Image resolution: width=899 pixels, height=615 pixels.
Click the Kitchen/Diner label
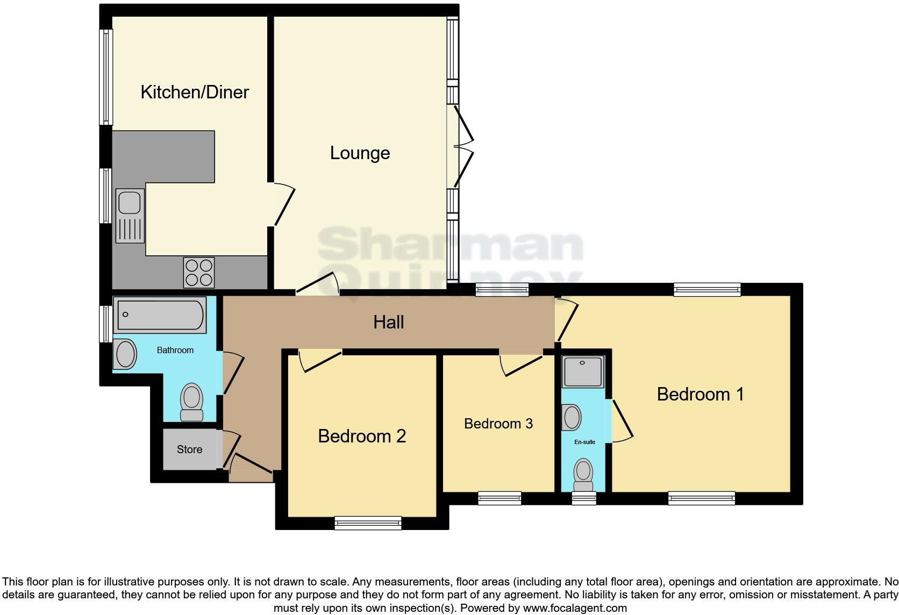195,92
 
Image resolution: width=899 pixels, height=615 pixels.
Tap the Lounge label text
360,153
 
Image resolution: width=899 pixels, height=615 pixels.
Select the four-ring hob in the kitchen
199,273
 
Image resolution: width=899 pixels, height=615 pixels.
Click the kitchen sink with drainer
130,216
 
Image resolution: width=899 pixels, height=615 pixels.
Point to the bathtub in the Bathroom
161,314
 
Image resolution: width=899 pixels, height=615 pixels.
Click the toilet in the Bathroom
191,402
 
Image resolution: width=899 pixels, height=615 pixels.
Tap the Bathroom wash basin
126,354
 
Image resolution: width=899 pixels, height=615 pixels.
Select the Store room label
189,449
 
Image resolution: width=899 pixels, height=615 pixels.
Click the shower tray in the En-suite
583,371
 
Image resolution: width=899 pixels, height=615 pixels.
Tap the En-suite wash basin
572,418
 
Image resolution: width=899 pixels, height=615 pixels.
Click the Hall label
388,323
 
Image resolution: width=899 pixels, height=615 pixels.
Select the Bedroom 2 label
362,436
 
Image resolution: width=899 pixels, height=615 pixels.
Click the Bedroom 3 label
498,424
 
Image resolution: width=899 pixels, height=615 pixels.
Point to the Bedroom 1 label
700,394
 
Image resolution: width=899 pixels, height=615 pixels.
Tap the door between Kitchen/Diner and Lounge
283,204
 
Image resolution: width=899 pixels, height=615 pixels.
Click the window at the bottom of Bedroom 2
368,523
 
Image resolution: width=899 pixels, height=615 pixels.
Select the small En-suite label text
584,442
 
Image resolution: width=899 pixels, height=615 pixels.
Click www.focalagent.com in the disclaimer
575,608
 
